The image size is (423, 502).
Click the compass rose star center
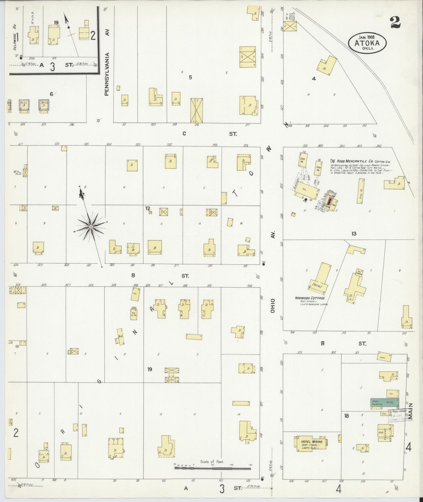[91, 226]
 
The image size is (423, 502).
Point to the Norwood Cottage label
[310, 298]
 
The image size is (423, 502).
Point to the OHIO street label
[273, 306]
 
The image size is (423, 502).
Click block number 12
[148, 209]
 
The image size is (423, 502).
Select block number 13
[354, 234]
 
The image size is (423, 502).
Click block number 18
[346, 416]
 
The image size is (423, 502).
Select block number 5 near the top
[190, 78]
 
